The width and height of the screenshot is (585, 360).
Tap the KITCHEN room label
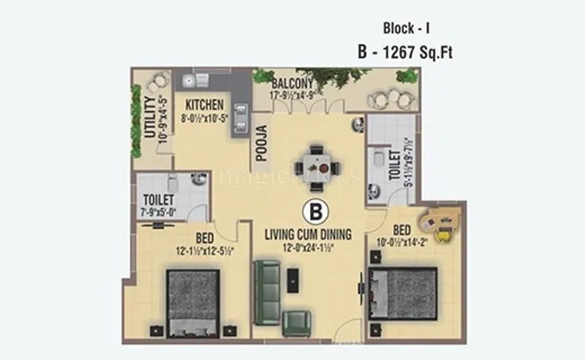pyautogui.click(x=204, y=105)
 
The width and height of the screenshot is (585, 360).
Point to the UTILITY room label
pyautogui.click(x=150, y=117)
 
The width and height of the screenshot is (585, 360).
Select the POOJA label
pyautogui.click(x=261, y=143)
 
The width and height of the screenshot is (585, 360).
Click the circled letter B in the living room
pyautogui.click(x=316, y=212)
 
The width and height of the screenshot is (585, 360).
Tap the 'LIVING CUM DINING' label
pyautogui.click(x=308, y=234)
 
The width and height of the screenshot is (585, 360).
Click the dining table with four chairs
pyautogui.click(x=316, y=160)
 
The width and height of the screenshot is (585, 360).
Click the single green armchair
pyautogui.click(x=297, y=323)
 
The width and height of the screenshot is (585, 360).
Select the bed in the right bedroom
pyautogui.click(x=404, y=293)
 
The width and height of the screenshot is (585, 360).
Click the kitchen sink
pyautogui.click(x=189, y=80)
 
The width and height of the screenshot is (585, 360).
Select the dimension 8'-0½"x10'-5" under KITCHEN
pyautogui.click(x=205, y=116)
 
